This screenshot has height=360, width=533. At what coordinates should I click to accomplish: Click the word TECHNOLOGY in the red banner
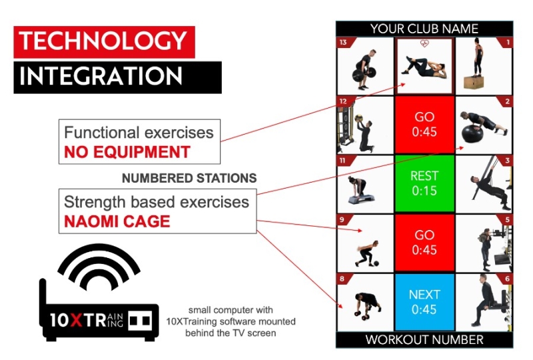103,41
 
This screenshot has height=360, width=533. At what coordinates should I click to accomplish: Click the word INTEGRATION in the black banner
101,76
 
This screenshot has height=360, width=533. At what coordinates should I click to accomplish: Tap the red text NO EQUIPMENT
127,152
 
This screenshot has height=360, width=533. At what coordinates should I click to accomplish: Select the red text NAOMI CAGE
117,221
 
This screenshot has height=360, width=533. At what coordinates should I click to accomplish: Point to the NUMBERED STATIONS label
189,178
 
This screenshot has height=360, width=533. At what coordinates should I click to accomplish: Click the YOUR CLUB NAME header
424,29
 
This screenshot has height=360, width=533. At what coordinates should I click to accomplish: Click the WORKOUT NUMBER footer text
424,339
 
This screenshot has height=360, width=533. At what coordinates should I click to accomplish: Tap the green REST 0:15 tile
424,183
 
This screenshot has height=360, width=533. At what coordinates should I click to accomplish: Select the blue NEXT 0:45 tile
424,302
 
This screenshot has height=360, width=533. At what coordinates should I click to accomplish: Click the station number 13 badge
343,42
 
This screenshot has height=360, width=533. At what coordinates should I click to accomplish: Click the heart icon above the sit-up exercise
424,43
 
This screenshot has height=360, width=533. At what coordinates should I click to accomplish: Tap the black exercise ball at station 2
472,135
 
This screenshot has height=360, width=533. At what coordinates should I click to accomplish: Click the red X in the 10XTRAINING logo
76,320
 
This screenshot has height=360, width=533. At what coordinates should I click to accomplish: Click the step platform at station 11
361,198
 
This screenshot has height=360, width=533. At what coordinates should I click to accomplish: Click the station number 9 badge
342,220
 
